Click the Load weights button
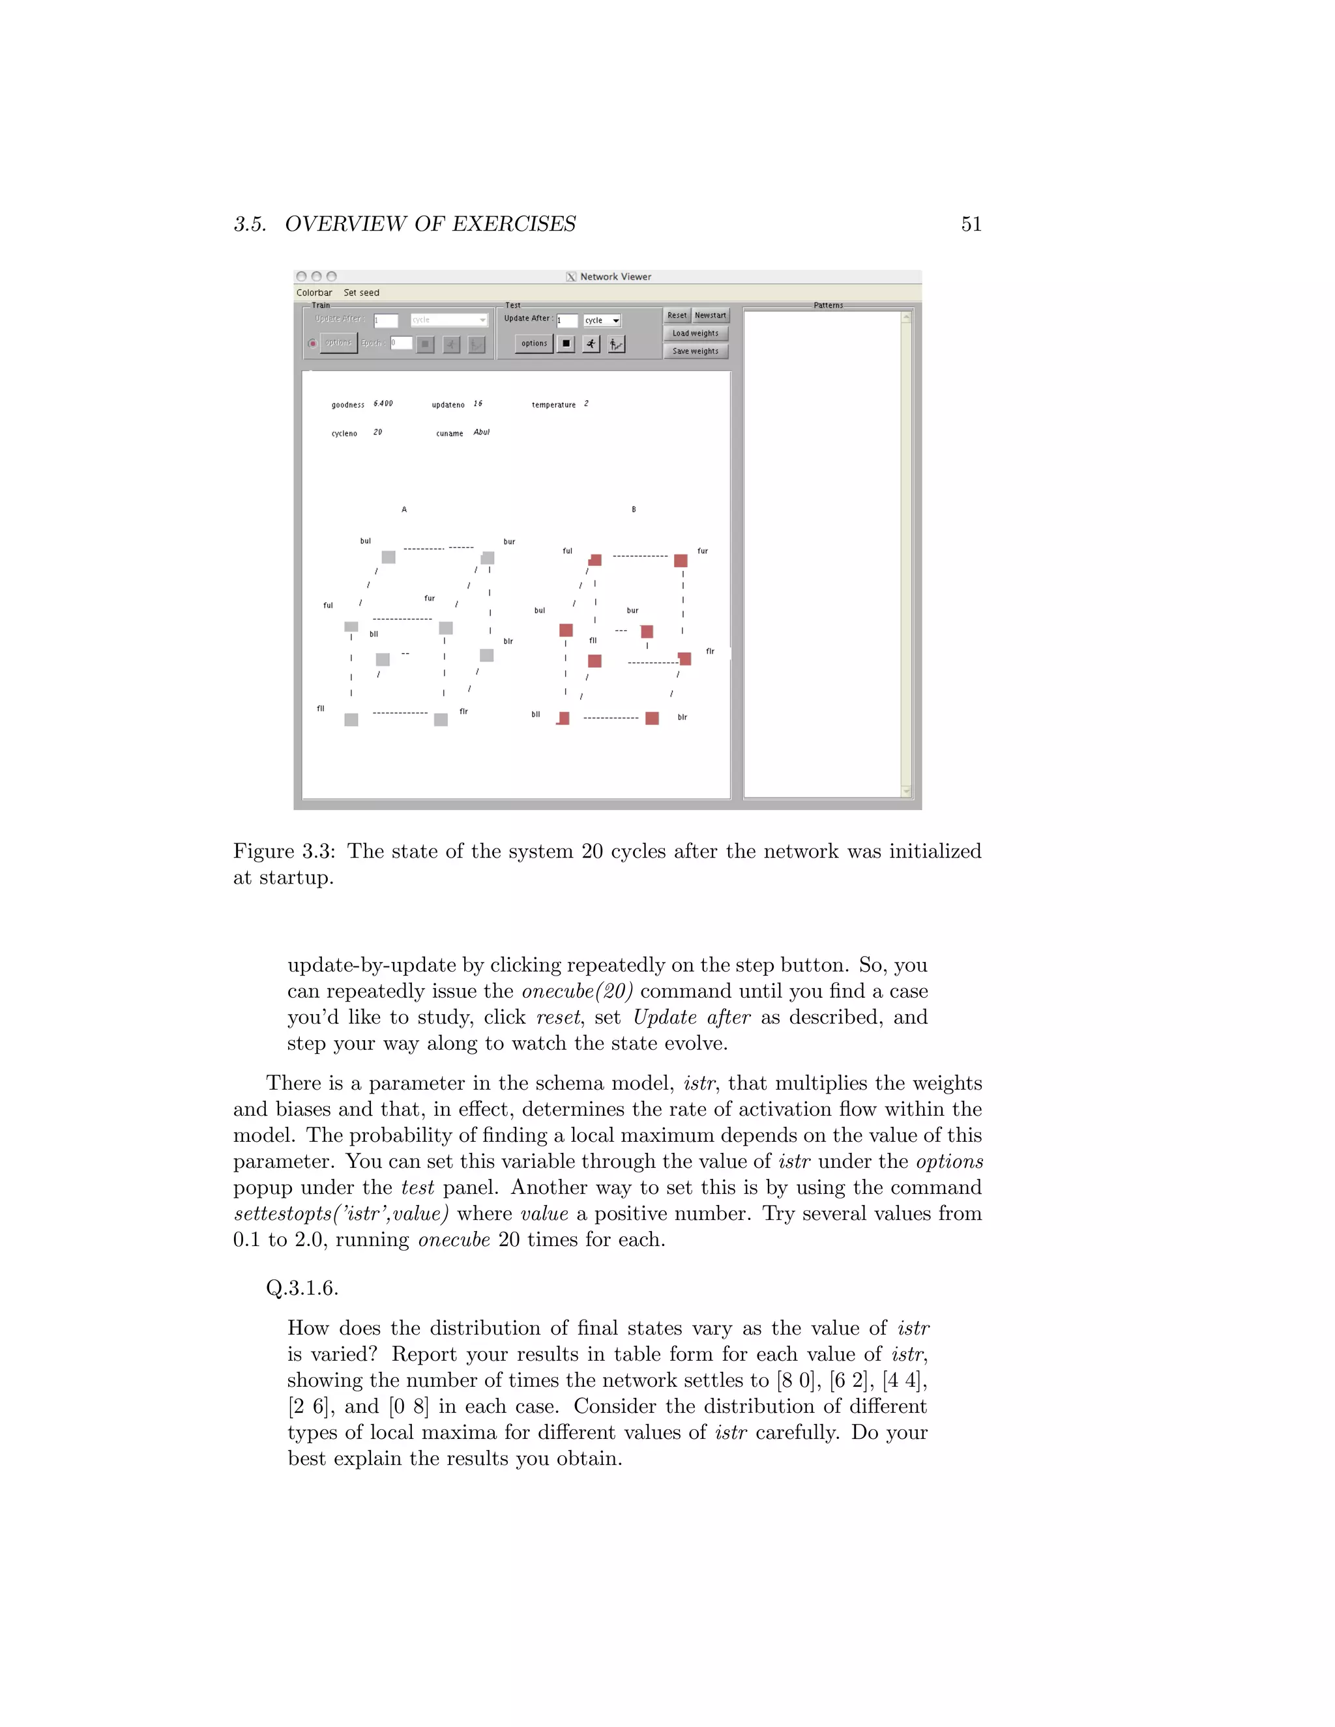click(695, 334)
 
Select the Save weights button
click(695, 351)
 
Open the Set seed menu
click(361, 293)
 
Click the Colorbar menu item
click(314, 293)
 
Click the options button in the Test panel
click(534, 343)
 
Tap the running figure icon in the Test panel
click(591, 344)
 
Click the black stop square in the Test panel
click(565, 344)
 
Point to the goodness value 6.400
click(383, 404)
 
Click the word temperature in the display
click(553, 405)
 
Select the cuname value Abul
click(482, 433)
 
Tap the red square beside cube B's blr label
click(652, 718)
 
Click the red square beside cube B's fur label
click(680, 560)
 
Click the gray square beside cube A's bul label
click(389, 557)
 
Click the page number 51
click(971, 225)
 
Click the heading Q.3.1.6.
click(302, 1288)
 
